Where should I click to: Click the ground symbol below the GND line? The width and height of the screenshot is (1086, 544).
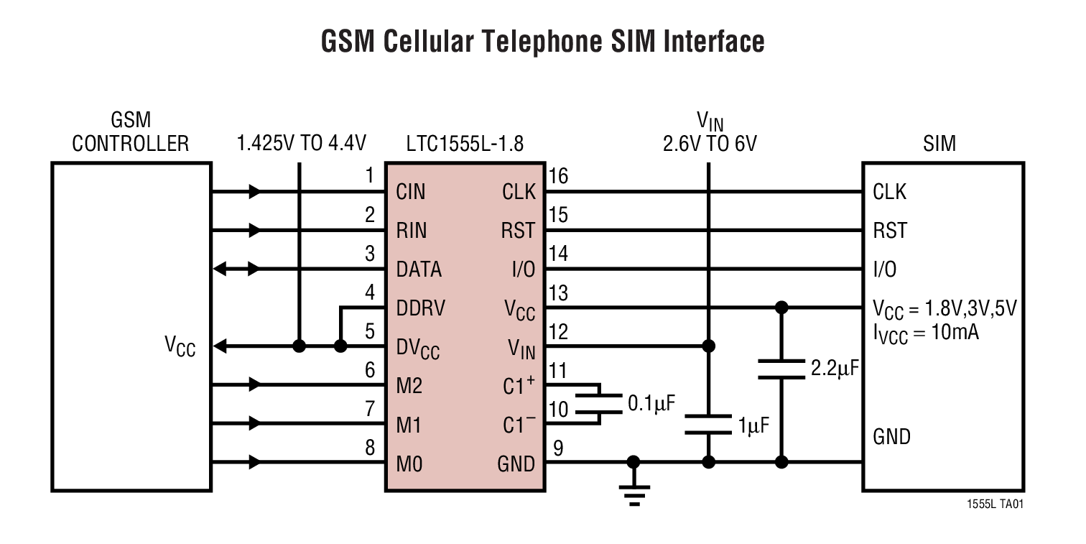coord(633,492)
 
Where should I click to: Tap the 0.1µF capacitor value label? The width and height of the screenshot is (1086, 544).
coord(651,403)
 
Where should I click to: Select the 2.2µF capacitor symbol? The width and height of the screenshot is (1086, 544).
coord(782,369)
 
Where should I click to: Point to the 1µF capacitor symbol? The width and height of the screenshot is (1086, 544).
coord(708,423)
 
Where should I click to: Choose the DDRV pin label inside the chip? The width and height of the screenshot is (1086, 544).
coord(420,308)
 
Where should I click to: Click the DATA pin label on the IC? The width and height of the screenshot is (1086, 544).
coord(419,269)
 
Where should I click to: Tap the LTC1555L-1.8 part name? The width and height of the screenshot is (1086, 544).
coord(465,144)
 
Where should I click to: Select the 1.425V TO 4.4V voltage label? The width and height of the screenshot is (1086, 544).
coord(302,144)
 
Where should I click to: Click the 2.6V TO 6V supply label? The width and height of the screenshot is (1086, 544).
coord(710,144)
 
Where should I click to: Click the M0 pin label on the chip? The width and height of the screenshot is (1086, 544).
coord(409,464)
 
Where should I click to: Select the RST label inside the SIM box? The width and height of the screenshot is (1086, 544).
coord(889,231)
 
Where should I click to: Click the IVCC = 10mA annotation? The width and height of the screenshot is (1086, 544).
coord(925,333)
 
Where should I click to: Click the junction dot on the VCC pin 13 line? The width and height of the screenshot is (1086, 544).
coord(782,308)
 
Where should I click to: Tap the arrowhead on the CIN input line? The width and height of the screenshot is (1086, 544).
coord(254,192)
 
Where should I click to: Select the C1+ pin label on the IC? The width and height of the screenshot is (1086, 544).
coord(519,386)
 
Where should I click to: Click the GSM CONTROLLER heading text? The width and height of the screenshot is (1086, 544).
coord(131,132)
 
